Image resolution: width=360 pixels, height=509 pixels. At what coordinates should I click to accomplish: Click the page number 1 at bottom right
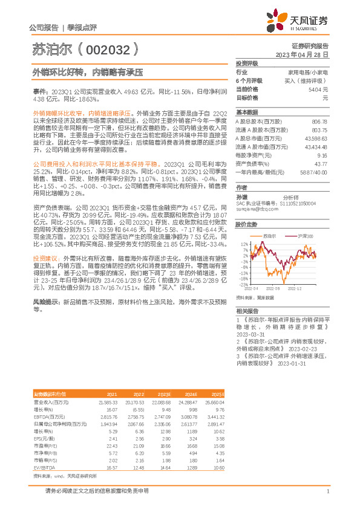click(x=327, y=491)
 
